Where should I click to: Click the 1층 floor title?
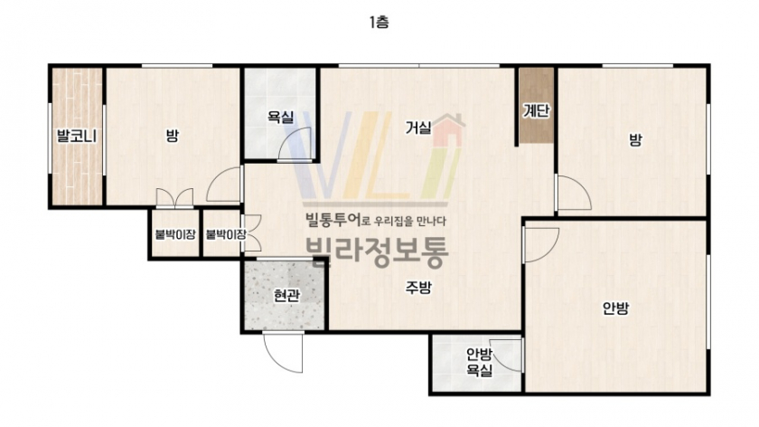tap(379, 23)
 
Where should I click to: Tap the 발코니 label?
tap(77, 136)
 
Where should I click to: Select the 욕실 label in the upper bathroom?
tap(281, 117)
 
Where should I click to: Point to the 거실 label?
tap(418, 128)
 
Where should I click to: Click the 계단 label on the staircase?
tap(537, 111)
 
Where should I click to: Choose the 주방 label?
tap(418, 288)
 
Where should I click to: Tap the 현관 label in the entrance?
tap(286, 295)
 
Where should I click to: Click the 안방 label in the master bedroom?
tap(615, 308)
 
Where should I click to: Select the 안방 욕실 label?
tap(479, 362)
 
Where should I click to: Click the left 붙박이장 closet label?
tap(175, 234)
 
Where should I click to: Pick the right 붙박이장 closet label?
tap(226, 234)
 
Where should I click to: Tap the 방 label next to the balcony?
tap(173, 135)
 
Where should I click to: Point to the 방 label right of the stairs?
tap(635, 140)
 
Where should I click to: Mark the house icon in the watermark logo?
tap(449, 130)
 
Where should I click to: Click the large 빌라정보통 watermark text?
tap(378, 252)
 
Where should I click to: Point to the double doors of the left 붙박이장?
tap(174, 199)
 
